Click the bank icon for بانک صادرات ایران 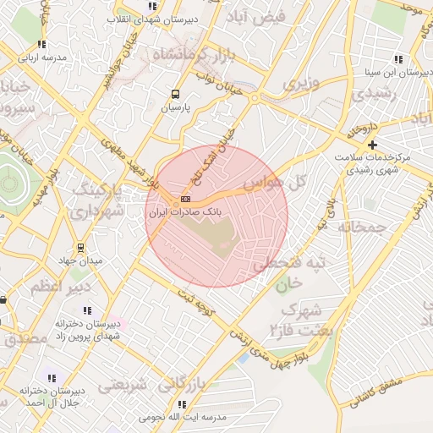coord(186,200)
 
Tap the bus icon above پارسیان coord(176,95)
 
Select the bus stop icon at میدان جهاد coord(80,247)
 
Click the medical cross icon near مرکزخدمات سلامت coord(371,145)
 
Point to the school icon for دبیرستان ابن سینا coord(397,59)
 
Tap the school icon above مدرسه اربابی coord(41,45)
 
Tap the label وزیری coord(301,84)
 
